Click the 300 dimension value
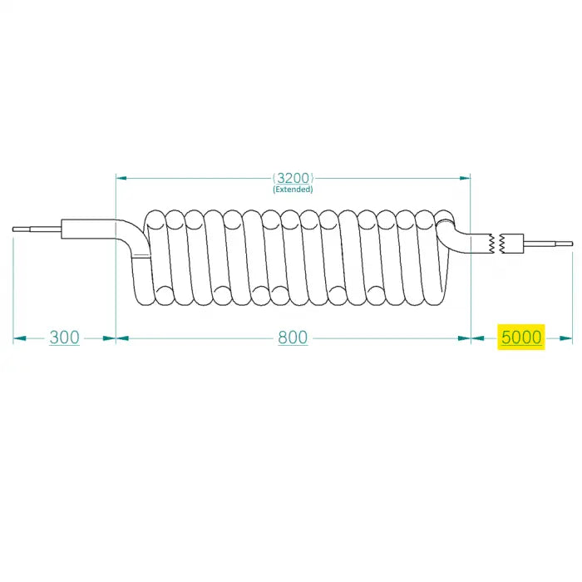(x=64, y=338)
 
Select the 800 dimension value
(x=293, y=338)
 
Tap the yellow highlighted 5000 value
(x=520, y=338)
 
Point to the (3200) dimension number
(x=293, y=178)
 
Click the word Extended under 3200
(x=293, y=190)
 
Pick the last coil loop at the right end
(x=441, y=258)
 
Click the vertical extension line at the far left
(x=14, y=287)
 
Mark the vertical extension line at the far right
(x=573, y=291)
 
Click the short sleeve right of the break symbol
(x=513, y=244)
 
